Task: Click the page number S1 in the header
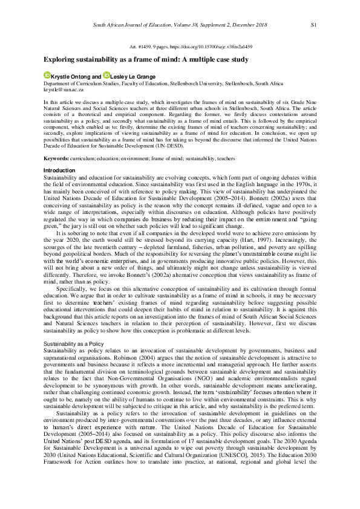pos(313,25)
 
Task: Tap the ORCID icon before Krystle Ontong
pos(47,76)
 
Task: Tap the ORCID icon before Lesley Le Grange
pos(106,76)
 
